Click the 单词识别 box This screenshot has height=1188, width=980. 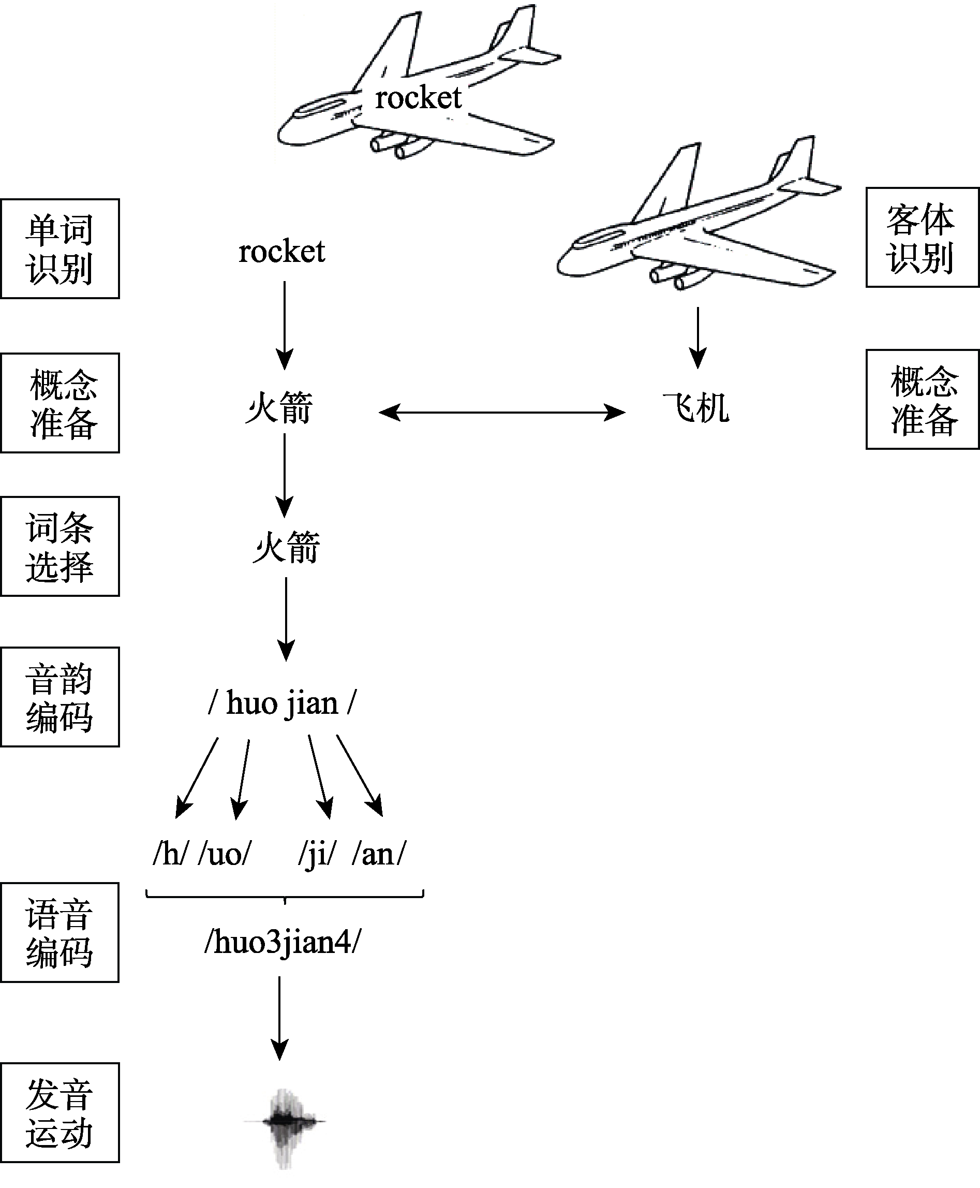coord(60,248)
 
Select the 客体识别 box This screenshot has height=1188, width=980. coord(922,238)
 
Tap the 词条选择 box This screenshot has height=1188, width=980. coord(60,546)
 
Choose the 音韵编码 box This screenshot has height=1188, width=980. coord(60,697)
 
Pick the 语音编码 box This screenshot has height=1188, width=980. coord(60,932)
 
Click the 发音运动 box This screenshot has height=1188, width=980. coord(60,1112)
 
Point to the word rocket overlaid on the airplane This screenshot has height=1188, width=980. coord(418,98)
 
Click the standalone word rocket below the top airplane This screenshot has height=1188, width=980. coord(281,251)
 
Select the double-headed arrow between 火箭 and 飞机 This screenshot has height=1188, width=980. coord(501,412)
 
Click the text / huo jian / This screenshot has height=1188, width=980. coord(283,703)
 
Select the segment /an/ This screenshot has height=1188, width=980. coord(378,853)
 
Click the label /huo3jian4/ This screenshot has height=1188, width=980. coord(283,942)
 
